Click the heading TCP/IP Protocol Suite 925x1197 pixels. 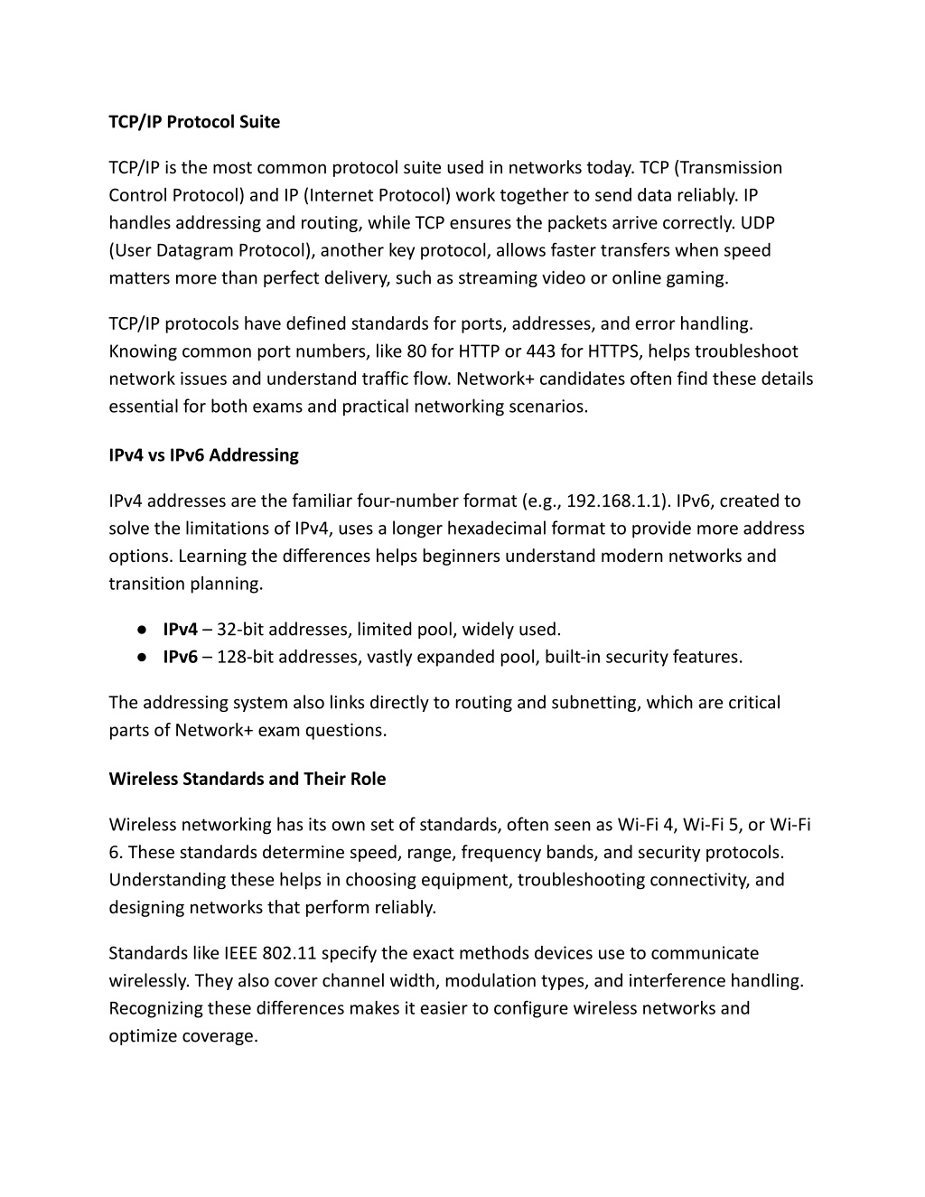tap(194, 122)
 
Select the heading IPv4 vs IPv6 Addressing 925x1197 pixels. tap(203, 455)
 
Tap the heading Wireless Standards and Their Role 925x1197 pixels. tap(247, 779)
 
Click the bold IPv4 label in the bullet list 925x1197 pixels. tap(180, 630)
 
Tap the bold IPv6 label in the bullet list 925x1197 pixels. tap(180, 657)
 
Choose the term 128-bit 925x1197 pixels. tap(245, 657)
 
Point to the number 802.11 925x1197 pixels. tap(289, 953)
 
